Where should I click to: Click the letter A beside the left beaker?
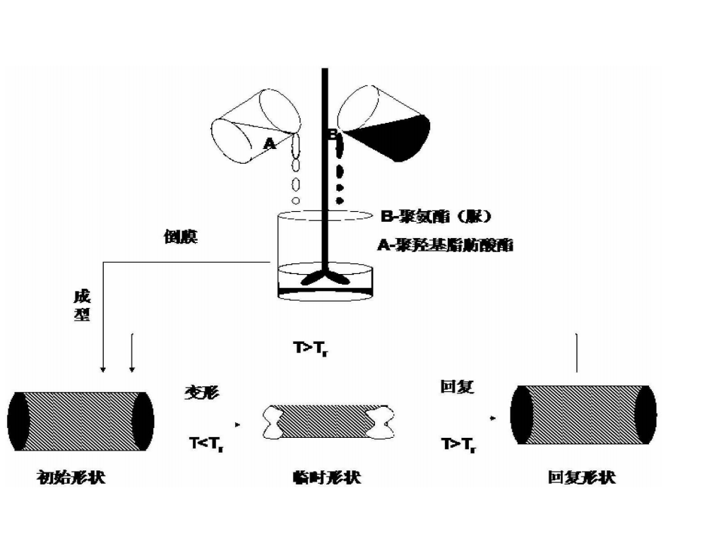(x=269, y=145)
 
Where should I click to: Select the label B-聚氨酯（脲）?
(x=435, y=217)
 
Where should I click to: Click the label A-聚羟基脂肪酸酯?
(x=446, y=246)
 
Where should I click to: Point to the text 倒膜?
(x=180, y=237)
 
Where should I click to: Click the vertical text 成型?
(x=82, y=305)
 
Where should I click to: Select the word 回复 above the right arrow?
(x=457, y=388)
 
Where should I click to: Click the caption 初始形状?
(x=76, y=477)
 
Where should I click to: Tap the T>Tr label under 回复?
(x=458, y=445)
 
